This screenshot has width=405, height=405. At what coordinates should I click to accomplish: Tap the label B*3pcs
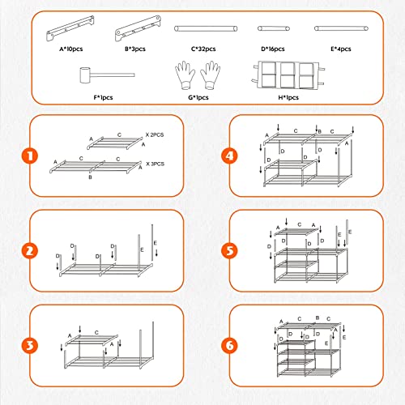tap(141, 50)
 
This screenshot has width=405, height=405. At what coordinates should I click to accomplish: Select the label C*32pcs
tap(207, 50)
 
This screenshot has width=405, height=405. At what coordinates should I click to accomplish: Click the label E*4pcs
tap(340, 50)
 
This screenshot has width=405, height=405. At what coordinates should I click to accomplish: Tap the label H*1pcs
tap(288, 98)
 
